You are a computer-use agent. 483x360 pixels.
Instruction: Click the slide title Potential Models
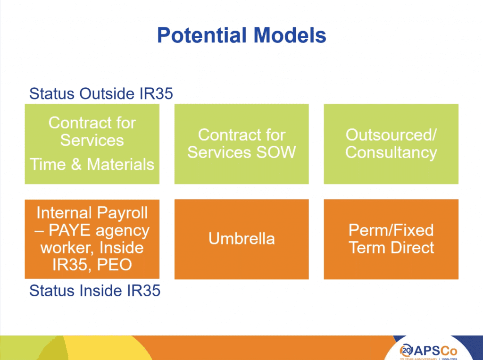point(241,35)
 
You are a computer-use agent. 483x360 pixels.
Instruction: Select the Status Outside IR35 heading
point(101,93)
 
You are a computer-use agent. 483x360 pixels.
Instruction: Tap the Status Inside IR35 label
point(95,291)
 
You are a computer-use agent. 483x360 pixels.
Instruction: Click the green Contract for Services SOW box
point(241,144)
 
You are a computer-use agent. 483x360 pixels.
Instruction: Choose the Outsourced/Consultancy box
point(391,144)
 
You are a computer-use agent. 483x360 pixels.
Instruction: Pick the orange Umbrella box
point(241,239)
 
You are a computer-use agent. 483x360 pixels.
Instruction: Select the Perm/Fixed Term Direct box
point(391,239)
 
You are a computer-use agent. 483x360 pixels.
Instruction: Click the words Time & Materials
point(92,164)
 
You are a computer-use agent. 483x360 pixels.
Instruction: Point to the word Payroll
point(123,213)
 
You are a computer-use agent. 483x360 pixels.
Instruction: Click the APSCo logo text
point(435,351)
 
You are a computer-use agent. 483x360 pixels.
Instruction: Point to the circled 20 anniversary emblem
point(406,350)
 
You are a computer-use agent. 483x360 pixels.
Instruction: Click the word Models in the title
point(290,35)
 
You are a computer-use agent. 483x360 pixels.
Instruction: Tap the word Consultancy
point(391,153)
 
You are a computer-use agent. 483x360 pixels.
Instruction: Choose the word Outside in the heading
point(107,93)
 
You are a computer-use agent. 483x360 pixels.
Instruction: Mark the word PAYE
point(70,230)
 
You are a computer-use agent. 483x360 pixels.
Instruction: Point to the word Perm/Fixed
point(391,230)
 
